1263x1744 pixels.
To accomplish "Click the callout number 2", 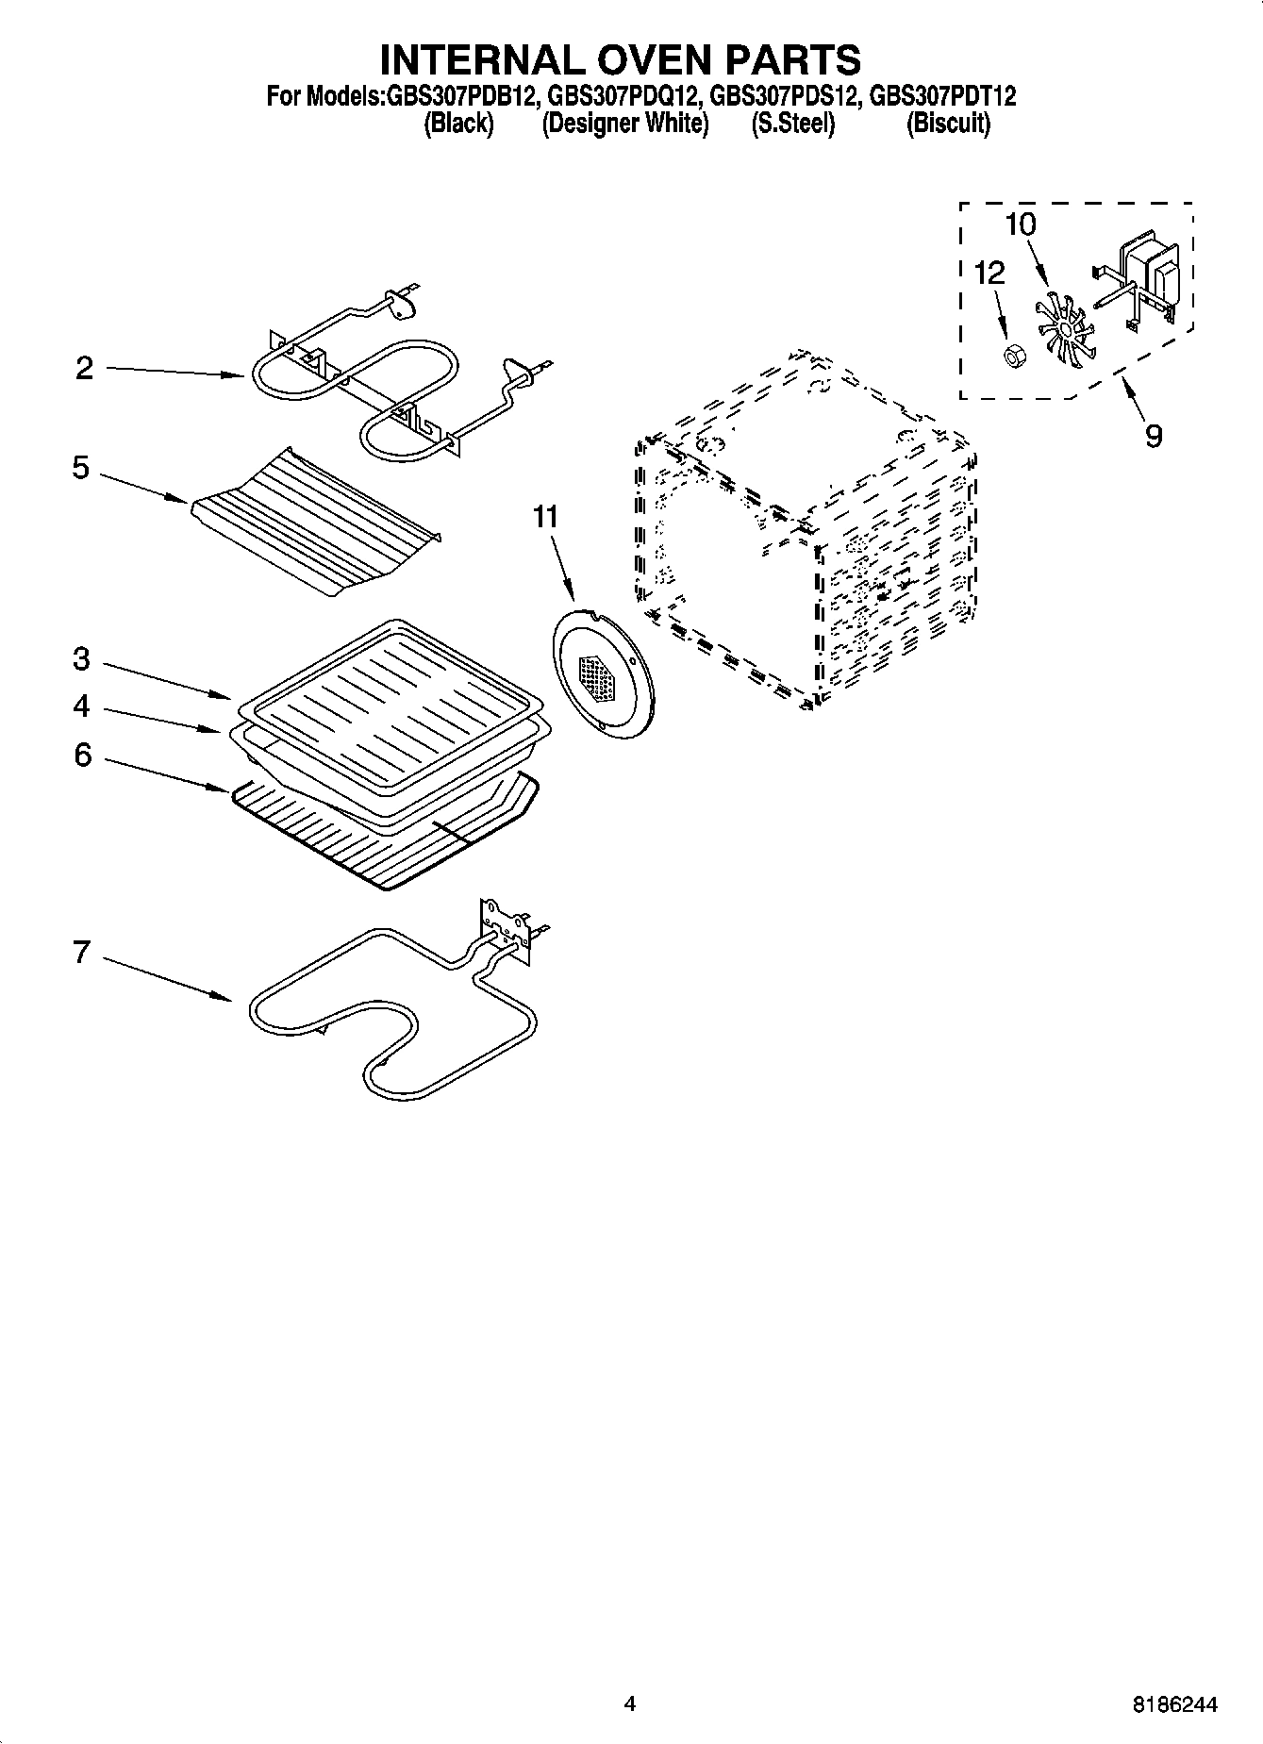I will [x=85, y=369].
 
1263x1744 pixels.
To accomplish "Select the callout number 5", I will [x=81, y=468].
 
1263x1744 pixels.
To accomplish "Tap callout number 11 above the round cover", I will [x=545, y=517].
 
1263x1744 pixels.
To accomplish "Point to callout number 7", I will [x=82, y=953].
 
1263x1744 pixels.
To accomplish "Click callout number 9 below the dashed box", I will [x=1153, y=436].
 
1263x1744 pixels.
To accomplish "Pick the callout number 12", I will [x=989, y=274].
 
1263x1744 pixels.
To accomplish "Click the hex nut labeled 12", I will [x=1014, y=357].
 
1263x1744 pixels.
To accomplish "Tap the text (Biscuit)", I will [x=948, y=124].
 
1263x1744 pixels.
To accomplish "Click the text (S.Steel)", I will [x=792, y=124].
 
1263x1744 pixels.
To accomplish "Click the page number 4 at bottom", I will [x=630, y=1703].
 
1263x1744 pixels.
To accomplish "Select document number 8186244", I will [x=1174, y=1704].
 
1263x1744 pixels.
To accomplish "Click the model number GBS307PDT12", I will [x=940, y=96].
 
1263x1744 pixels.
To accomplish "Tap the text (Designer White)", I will [x=625, y=124].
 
